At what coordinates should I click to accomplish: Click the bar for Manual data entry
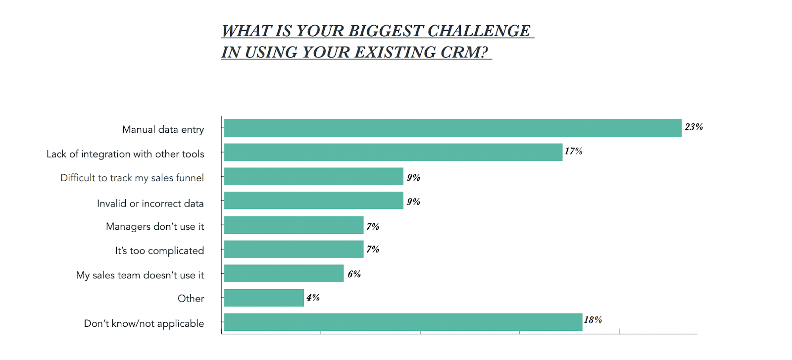coord(452,128)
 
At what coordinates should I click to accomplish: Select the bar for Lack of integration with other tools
coord(393,152)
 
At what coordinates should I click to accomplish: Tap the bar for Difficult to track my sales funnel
coord(313,176)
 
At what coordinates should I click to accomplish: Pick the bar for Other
coord(264,298)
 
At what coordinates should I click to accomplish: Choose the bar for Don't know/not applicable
coord(403,322)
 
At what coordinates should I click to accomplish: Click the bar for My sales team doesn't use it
coord(284,273)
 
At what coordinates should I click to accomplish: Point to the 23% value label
coord(693,127)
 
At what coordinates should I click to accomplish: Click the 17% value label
coord(573,152)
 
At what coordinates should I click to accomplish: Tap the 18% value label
coord(593,320)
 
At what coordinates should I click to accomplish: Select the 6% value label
coord(354,274)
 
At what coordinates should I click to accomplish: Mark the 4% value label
coord(313,298)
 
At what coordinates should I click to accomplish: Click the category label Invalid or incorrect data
coord(150,204)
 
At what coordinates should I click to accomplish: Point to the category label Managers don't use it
coord(154,227)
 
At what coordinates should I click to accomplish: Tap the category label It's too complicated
coord(159,251)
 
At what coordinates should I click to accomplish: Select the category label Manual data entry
coord(163,130)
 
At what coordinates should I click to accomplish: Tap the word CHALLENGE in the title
coord(479,31)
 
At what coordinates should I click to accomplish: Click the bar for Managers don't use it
coord(294,225)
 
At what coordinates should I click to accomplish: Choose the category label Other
coord(191,299)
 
